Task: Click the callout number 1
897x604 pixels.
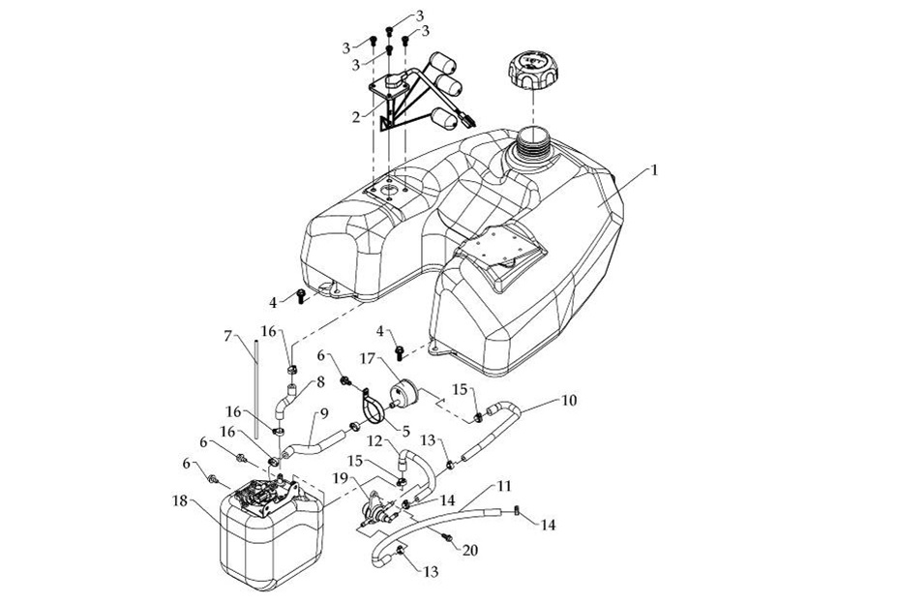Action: point(654,169)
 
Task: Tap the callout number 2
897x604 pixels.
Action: point(356,116)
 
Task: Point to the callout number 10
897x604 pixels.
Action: point(569,398)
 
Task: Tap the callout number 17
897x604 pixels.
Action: point(369,358)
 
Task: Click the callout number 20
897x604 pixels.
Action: point(471,550)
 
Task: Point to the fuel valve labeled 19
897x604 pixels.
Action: point(377,511)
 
